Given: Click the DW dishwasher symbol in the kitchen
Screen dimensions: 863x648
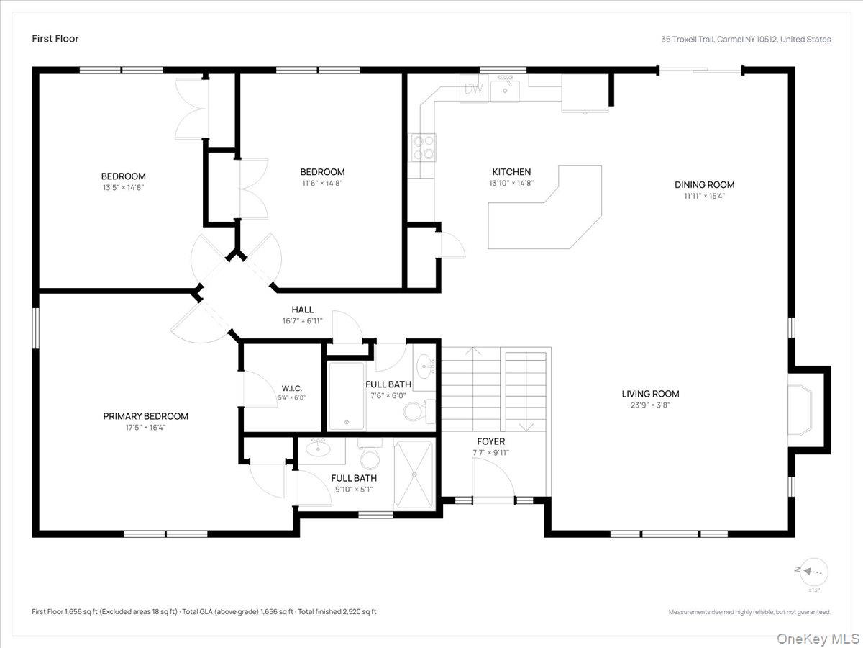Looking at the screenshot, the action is (474, 89).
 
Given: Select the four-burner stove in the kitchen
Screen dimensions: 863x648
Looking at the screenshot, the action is (424, 148).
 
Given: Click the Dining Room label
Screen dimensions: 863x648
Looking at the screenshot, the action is (704, 184).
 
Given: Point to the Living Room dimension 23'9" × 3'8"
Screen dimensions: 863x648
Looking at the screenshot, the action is (650, 405).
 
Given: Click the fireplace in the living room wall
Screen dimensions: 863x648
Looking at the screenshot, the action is (800, 410).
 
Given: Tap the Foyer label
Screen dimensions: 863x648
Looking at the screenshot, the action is (490, 441).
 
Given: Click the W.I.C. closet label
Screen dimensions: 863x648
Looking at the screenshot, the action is (292, 389).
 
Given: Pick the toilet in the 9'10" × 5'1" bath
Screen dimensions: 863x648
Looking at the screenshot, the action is (370, 454).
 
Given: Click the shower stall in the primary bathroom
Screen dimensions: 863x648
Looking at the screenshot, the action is (414, 474).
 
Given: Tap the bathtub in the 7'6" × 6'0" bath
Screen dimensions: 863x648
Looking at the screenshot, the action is (347, 396).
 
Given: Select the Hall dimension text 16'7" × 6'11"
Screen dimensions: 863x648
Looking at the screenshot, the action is (302, 321).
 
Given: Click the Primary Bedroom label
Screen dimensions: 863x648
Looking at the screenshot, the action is (145, 416).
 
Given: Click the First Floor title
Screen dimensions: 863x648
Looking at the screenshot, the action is (55, 39).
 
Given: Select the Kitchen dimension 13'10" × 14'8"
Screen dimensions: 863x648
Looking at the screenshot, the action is (511, 183).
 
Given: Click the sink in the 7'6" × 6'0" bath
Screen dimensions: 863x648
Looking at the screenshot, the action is (424, 366).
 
